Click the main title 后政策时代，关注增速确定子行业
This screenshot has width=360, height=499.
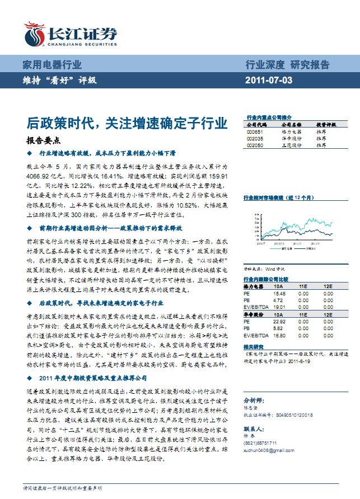(x=127, y=123)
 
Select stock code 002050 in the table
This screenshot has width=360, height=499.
(x=254, y=144)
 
